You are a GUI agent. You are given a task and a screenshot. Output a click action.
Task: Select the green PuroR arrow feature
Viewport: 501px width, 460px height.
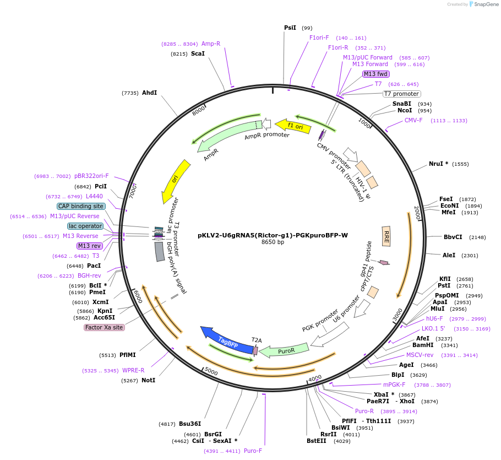point(283,351)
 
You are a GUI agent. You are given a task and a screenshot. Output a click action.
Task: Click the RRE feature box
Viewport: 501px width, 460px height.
point(386,236)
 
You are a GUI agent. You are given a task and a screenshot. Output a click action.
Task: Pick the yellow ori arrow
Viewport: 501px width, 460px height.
point(176,181)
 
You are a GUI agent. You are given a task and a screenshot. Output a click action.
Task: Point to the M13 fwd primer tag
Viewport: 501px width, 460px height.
point(376,74)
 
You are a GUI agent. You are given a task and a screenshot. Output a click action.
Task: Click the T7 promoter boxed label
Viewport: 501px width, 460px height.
point(402,94)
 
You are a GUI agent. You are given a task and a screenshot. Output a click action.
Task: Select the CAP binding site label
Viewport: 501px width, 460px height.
point(80,206)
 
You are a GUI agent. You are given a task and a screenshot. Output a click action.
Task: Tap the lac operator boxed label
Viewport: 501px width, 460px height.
point(85,226)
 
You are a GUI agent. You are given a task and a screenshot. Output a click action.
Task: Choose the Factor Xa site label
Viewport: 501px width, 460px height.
point(104,327)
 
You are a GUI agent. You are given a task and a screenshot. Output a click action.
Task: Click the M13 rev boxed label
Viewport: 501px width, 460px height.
point(89,246)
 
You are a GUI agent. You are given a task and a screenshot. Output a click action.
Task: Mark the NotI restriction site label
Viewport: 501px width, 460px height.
point(148,380)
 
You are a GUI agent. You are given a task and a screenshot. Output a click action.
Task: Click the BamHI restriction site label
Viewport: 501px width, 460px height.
point(423,345)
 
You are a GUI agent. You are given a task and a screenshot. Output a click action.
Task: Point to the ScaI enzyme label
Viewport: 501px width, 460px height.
point(198,53)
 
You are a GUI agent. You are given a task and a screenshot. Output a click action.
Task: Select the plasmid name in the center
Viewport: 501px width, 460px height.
point(273,235)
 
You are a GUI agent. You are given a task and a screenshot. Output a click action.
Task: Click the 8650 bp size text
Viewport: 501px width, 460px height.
point(273,242)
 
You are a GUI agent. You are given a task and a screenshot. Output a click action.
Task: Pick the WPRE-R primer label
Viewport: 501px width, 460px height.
point(133,370)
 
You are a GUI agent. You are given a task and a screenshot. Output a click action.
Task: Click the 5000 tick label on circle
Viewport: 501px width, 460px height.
point(211,372)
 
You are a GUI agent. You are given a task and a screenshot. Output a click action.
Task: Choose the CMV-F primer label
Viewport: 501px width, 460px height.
point(413,120)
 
